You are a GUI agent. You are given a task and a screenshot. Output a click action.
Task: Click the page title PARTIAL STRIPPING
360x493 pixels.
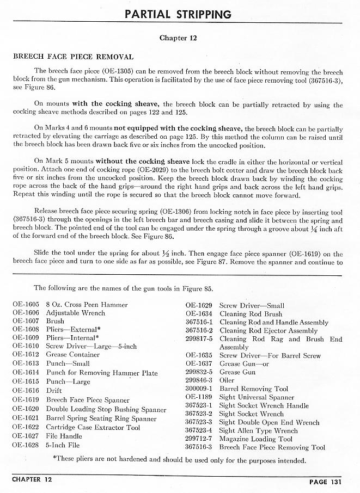[178, 14]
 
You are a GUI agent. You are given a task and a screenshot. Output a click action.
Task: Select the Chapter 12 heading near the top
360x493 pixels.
[178, 38]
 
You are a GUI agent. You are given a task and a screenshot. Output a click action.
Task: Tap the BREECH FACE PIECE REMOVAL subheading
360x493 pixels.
[72, 57]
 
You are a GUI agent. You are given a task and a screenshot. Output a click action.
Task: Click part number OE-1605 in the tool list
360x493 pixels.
[26, 305]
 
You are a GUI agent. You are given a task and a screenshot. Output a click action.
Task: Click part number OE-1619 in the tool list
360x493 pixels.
[26, 399]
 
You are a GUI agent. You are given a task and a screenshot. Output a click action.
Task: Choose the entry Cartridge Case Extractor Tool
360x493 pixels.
[93, 428]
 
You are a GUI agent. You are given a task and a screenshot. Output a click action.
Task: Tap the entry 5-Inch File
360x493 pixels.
[63, 445]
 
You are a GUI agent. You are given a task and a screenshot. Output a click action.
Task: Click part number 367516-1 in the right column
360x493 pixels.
[198, 322]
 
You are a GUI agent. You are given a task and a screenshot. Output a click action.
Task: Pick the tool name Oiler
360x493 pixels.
[227, 380]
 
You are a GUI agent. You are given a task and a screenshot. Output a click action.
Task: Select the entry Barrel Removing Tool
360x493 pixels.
[253, 389]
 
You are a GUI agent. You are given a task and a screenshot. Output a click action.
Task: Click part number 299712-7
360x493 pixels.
[198, 439]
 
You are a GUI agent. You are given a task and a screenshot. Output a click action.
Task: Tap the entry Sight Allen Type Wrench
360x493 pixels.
[258, 430]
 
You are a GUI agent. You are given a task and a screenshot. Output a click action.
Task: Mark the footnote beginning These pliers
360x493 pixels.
[180, 460]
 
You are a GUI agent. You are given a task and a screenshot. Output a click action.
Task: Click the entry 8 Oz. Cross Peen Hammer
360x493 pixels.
[87, 305]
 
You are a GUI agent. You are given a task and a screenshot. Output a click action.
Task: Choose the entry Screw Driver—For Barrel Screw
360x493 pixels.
[270, 355]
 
